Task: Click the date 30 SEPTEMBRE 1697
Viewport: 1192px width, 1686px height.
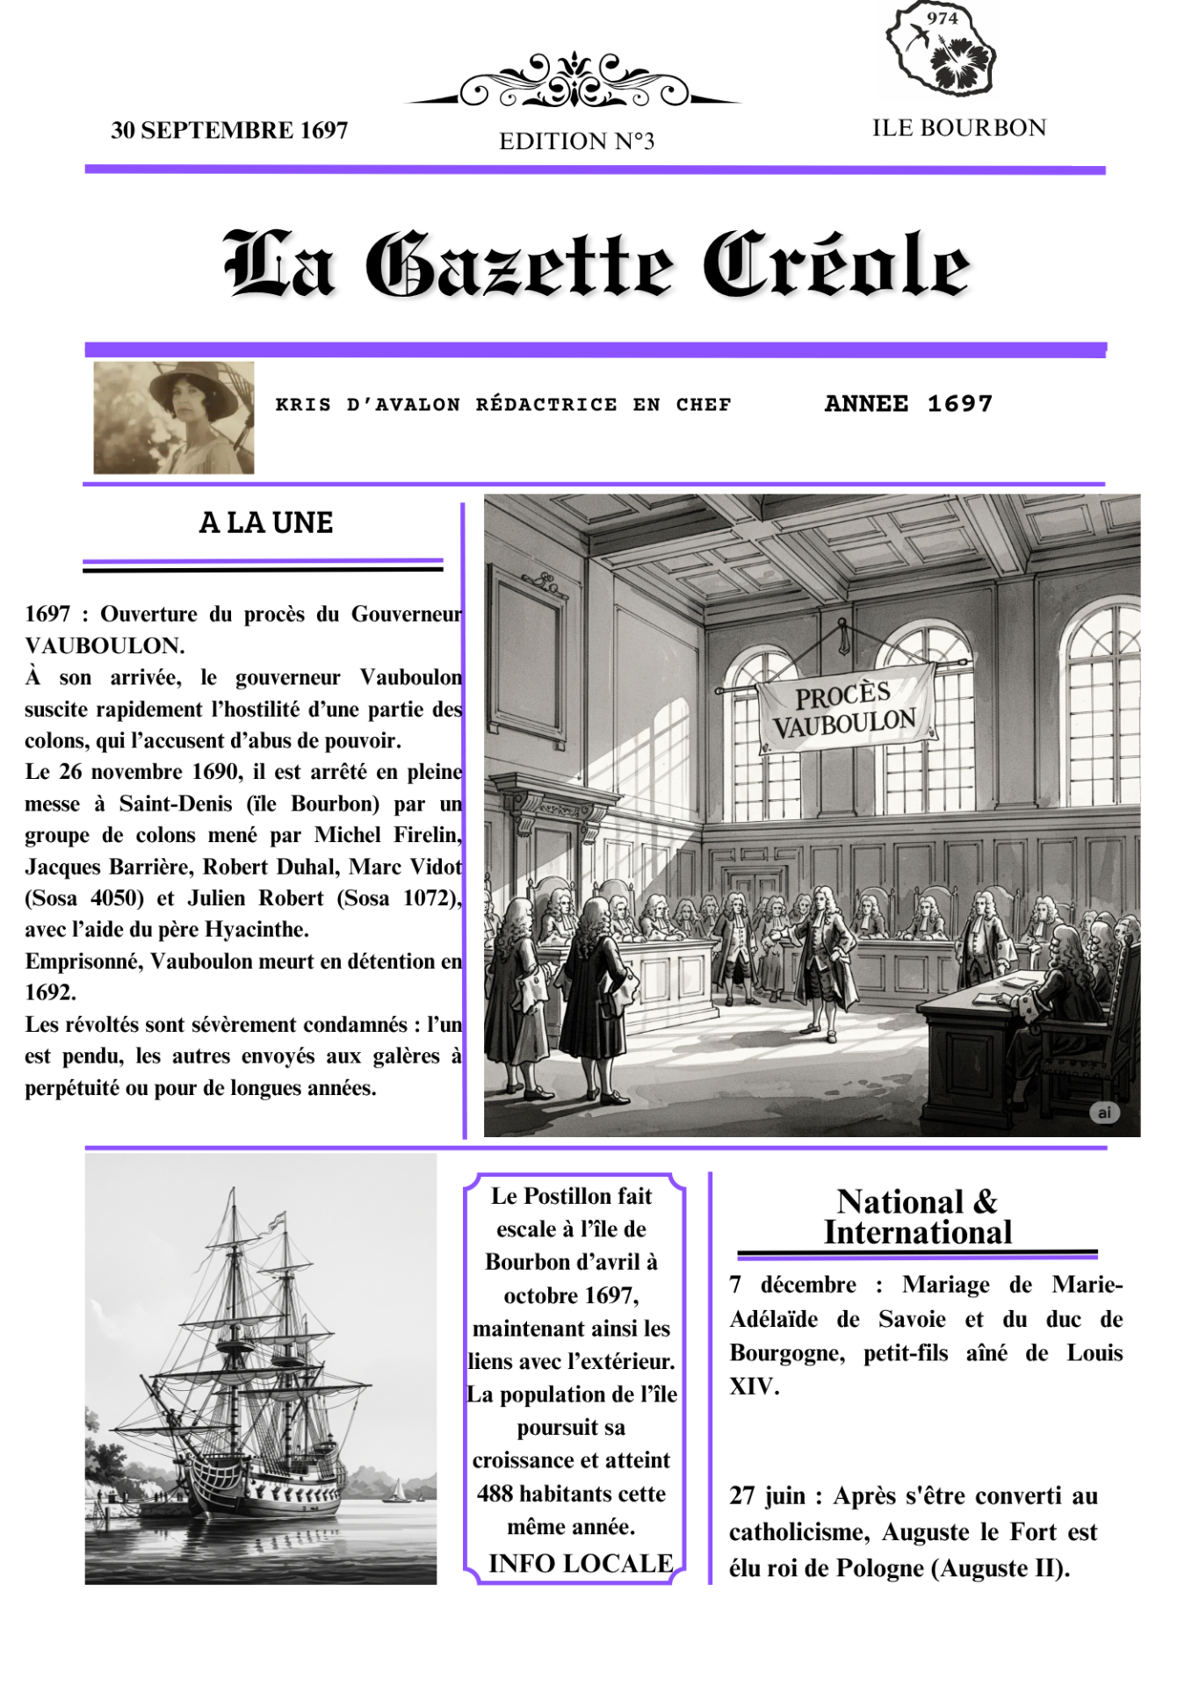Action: (229, 130)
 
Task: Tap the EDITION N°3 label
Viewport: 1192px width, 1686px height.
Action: (576, 141)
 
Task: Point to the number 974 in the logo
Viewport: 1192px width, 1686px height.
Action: (942, 18)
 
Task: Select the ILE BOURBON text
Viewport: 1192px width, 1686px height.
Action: (958, 128)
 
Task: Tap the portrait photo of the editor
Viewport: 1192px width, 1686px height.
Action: (174, 418)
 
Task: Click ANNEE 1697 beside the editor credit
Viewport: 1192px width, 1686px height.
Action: (908, 404)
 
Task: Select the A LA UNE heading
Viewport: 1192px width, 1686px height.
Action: (266, 522)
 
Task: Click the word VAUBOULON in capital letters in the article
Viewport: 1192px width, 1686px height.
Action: (105, 645)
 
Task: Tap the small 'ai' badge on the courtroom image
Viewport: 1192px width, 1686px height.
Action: (1104, 1113)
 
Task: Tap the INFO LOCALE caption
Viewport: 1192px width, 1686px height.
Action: (581, 1563)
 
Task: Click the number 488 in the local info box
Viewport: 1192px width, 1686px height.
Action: (495, 1494)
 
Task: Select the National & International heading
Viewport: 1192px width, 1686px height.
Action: (918, 1217)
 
